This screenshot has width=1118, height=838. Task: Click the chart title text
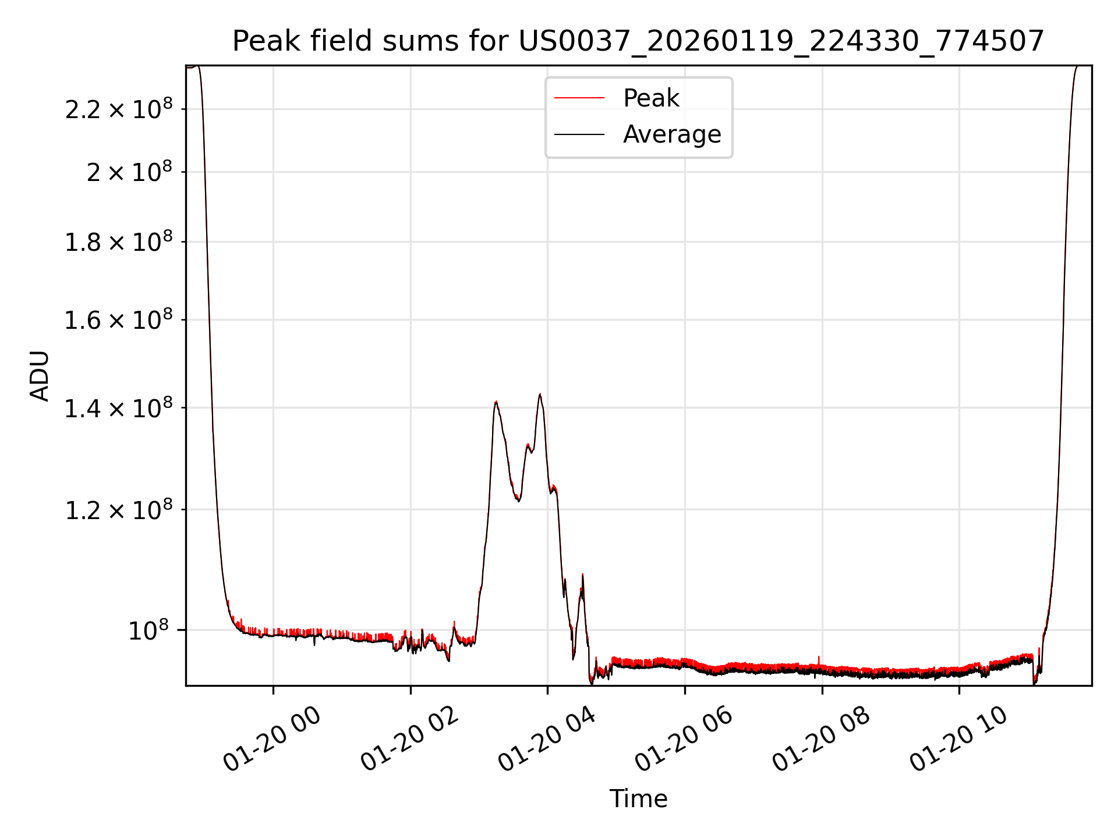(638, 41)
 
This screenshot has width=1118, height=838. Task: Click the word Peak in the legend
(651, 98)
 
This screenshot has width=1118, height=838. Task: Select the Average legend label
(672, 134)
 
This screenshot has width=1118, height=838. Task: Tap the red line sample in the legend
(579, 98)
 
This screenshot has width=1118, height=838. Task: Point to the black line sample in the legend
(579, 134)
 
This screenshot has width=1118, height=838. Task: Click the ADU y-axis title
(40, 376)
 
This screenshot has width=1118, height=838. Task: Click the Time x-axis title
(638, 798)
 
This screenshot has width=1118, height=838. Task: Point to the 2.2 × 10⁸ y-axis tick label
(119, 109)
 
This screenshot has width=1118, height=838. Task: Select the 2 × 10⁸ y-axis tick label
(129, 172)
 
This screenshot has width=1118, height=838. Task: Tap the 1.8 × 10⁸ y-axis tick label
(119, 242)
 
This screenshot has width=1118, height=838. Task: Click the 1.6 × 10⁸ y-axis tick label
(119, 320)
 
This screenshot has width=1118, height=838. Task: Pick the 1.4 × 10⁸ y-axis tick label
(119, 409)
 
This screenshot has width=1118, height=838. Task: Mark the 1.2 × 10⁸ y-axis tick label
(119, 510)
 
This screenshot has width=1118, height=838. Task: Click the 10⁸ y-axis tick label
(148, 630)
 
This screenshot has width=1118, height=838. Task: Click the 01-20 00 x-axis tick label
(273, 739)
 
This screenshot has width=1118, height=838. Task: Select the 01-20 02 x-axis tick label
(410, 739)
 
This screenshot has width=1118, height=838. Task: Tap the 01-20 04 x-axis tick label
(547, 739)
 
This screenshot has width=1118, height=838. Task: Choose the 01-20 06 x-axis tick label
(684, 739)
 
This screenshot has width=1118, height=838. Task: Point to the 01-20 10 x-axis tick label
(959, 739)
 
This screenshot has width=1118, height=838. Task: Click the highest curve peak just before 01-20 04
(540, 395)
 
